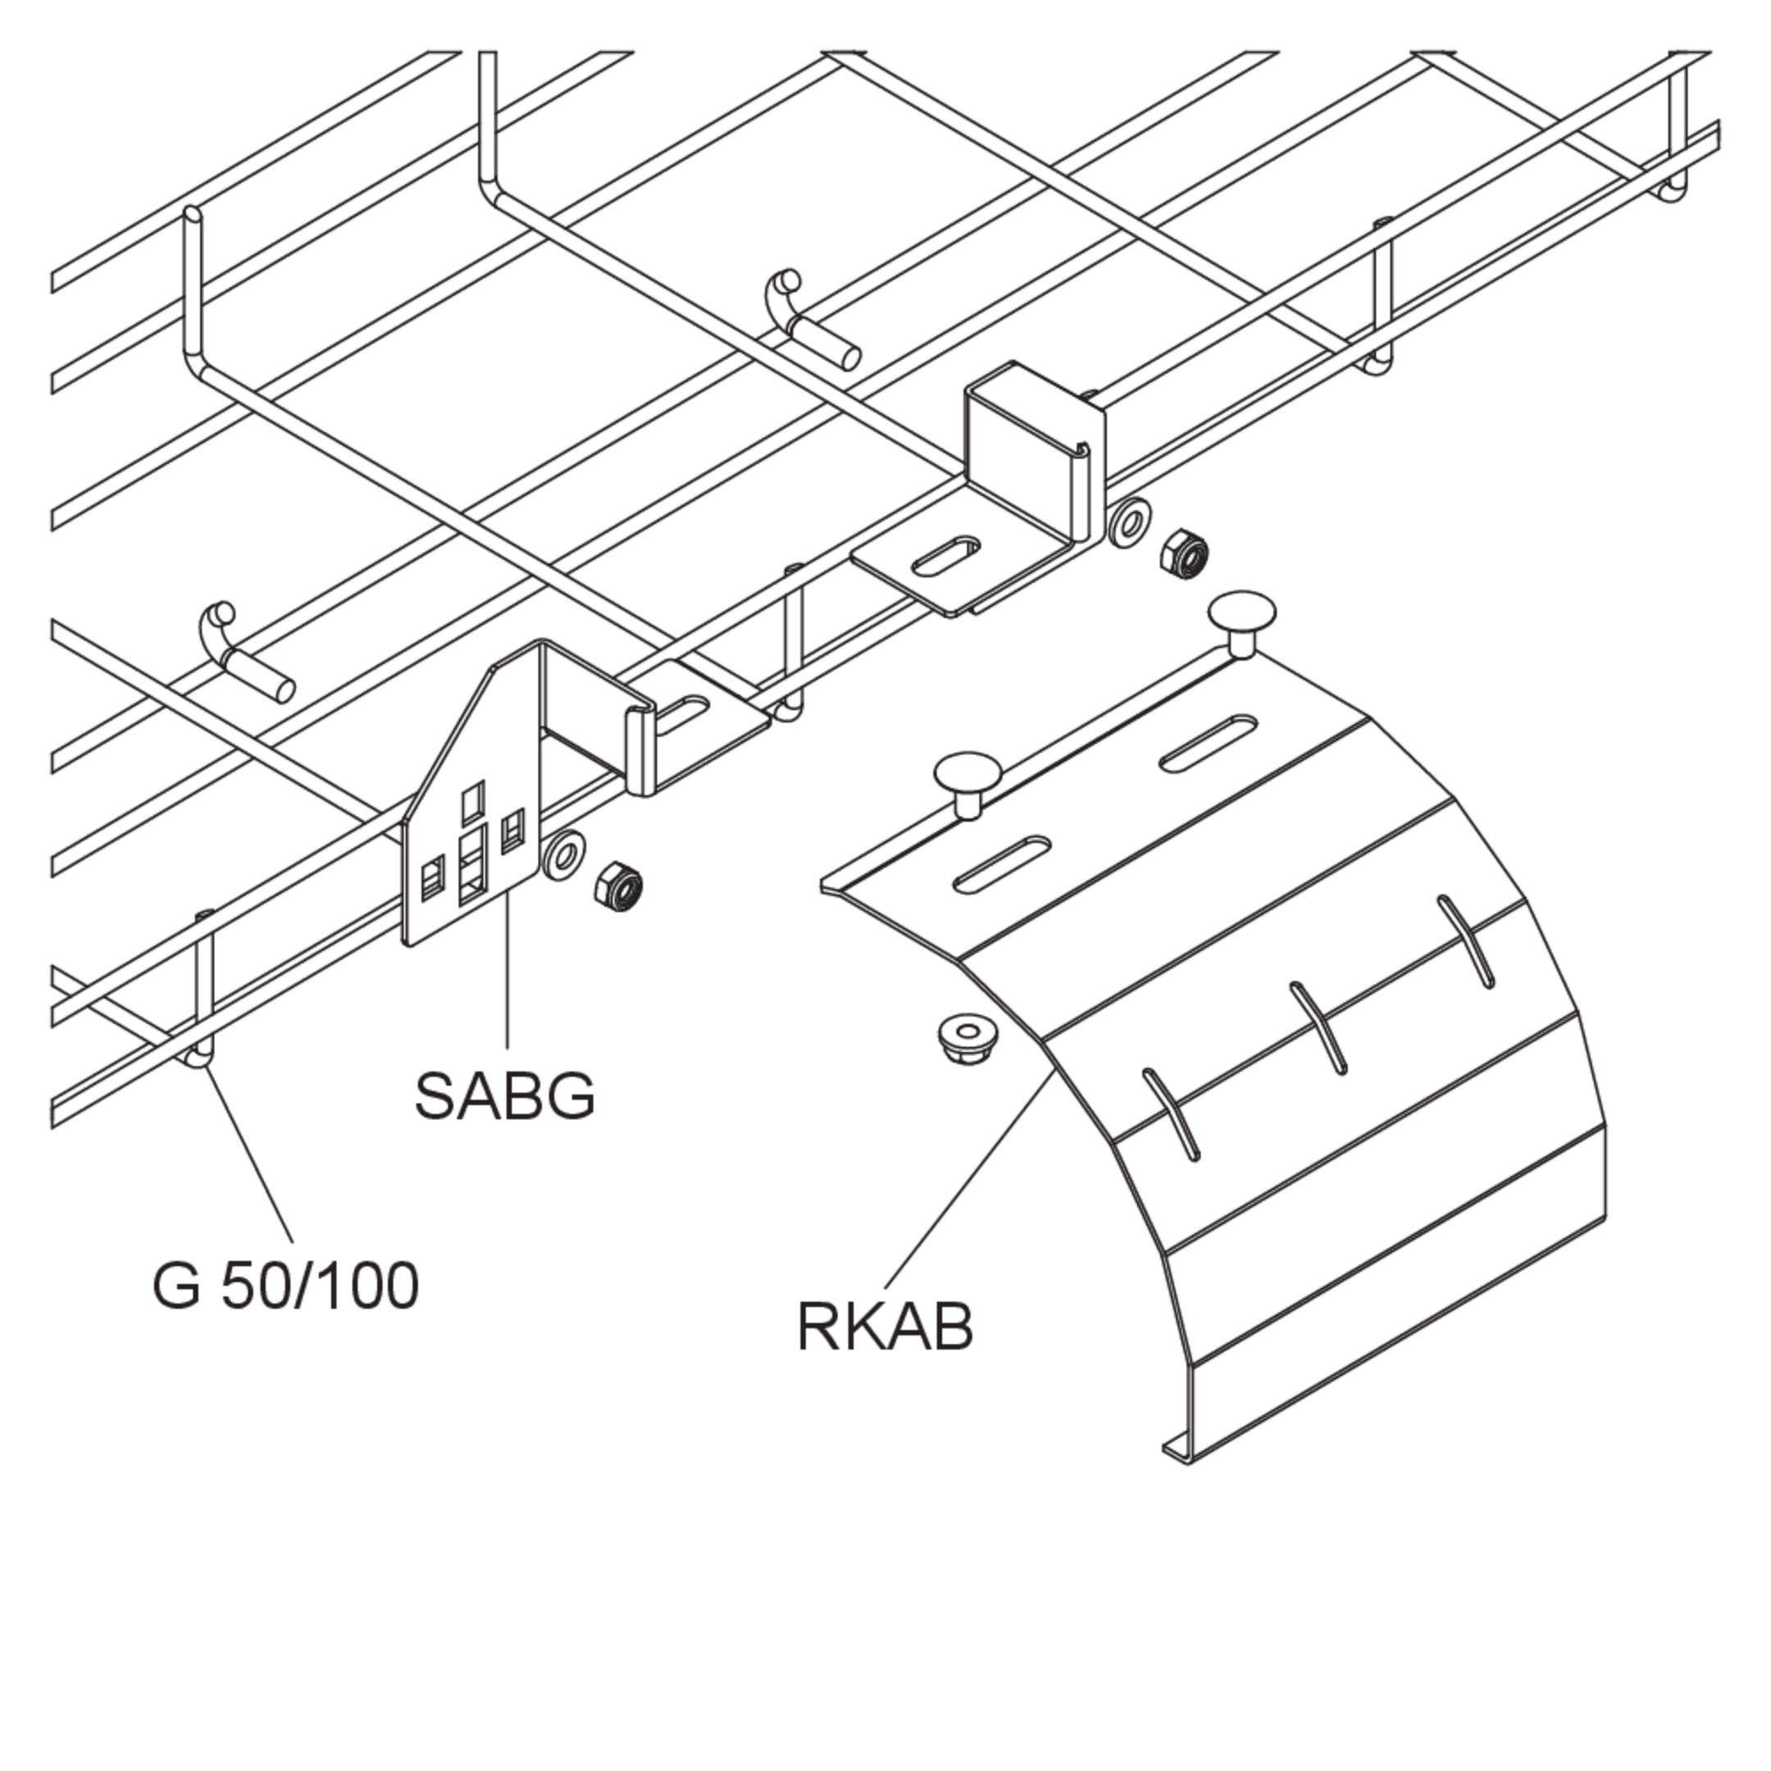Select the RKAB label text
(885, 1326)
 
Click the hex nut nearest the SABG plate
(620, 887)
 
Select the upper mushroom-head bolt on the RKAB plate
(1242, 621)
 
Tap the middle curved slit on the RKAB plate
(1318, 1027)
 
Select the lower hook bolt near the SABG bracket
(246, 653)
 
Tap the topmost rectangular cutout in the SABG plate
(473, 801)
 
